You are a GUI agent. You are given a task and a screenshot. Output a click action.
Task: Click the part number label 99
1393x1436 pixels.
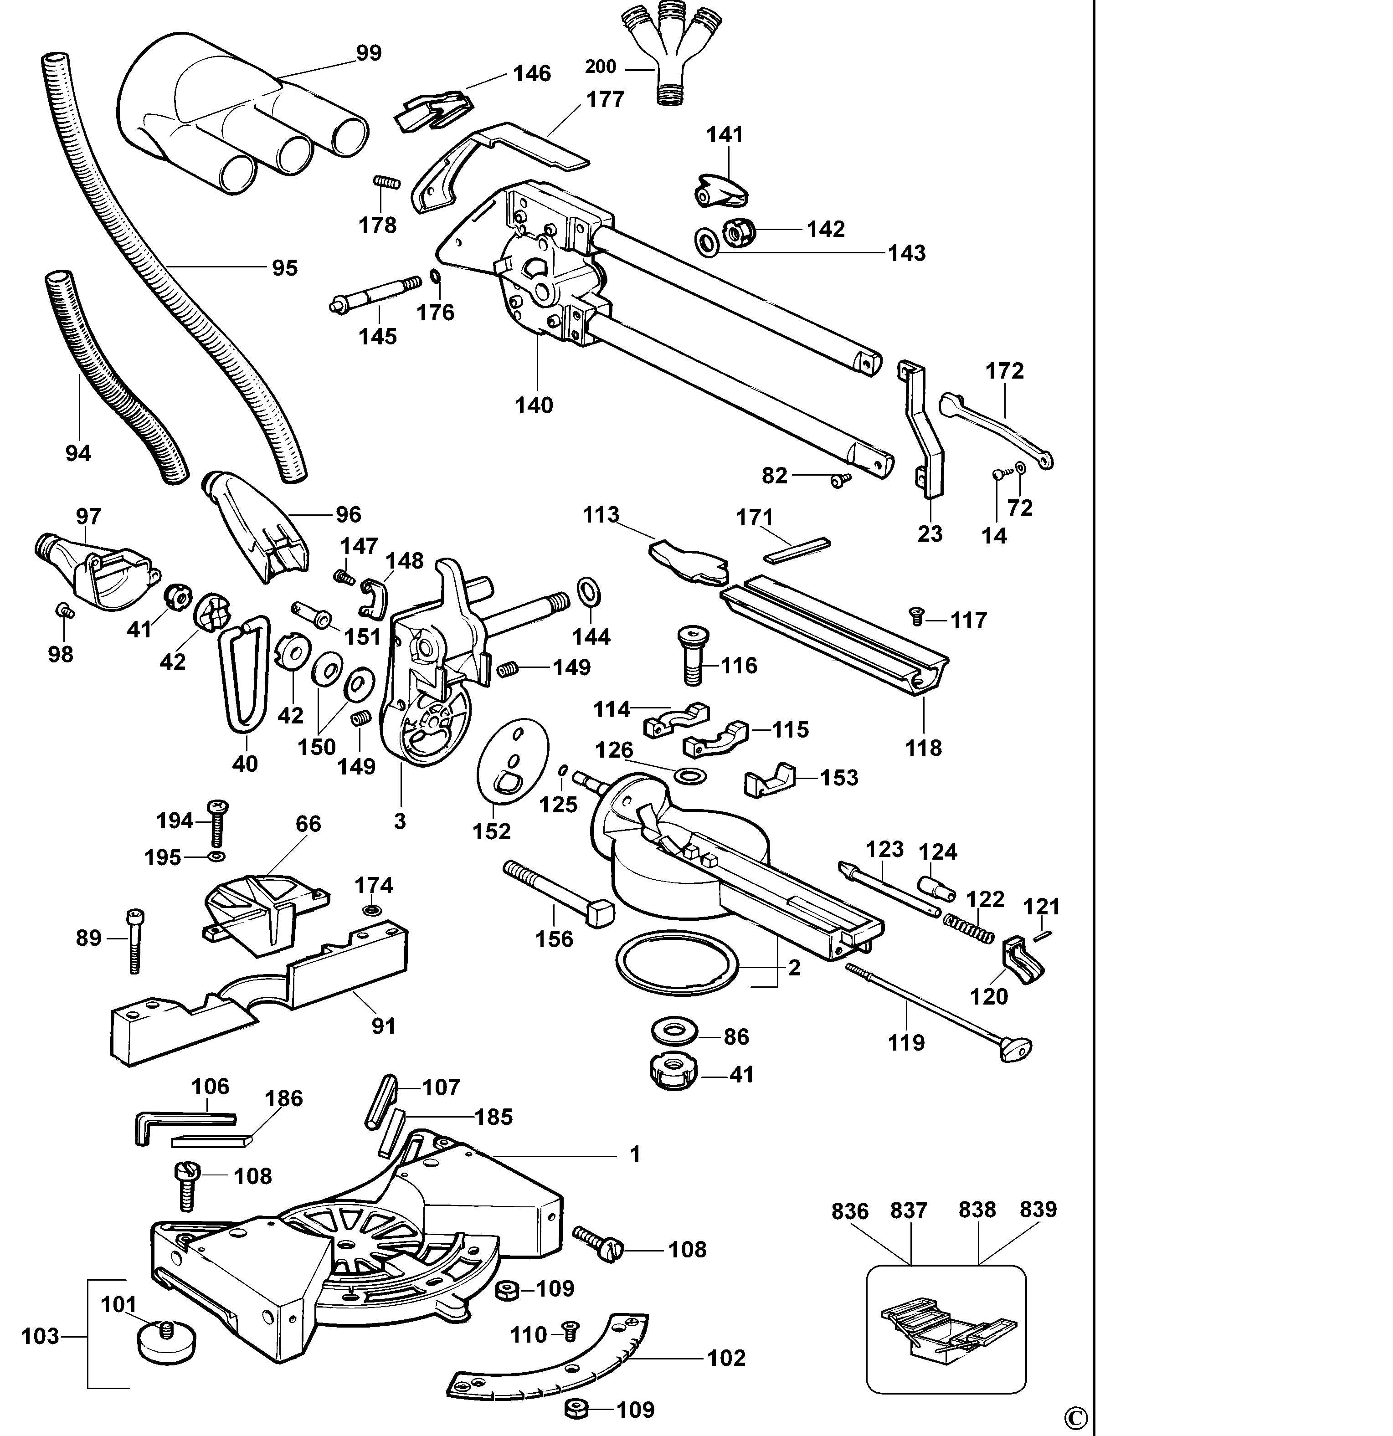tap(369, 53)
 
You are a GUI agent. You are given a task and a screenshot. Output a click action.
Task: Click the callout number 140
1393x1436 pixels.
tap(534, 405)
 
